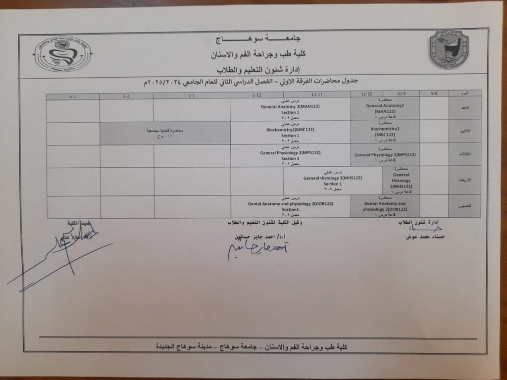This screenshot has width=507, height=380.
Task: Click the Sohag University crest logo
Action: [448, 49]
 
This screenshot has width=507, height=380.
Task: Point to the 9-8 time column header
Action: [434, 93]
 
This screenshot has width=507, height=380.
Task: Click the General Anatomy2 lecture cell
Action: [385, 108]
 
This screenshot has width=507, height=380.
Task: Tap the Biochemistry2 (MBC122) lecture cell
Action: [385, 131]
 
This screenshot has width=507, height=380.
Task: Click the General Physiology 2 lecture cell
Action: [385, 155]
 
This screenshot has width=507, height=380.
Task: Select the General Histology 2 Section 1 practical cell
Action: [333, 181]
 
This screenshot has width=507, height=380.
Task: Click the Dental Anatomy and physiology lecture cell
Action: [385, 206]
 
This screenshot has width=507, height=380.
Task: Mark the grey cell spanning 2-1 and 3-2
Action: [164, 133]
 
